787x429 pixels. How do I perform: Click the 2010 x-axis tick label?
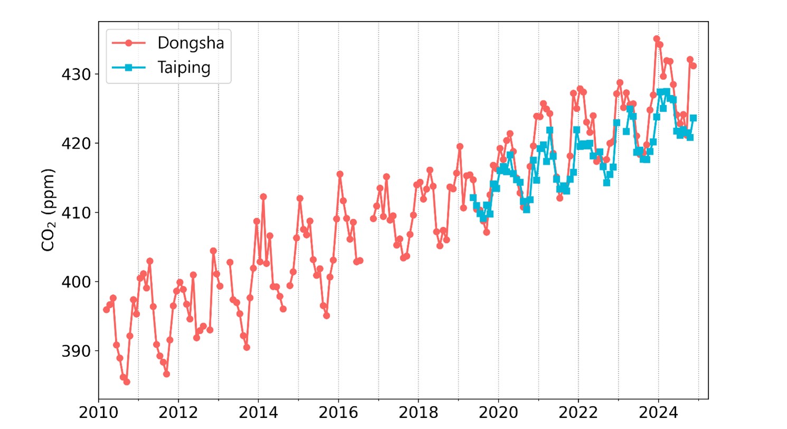coord(98,413)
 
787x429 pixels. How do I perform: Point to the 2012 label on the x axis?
coord(178,413)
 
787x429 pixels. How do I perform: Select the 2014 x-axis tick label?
coord(258,413)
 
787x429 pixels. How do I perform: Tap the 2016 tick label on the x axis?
coord(338,413)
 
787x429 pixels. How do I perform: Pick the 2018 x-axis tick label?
coord(418,413)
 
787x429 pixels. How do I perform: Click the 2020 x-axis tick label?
coord(498,413)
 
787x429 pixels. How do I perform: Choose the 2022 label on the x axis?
coord(578,413)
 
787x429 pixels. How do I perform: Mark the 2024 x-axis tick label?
coord(658,413)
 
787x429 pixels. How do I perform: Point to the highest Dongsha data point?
coord(657,39)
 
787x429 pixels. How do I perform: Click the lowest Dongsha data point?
coord(127,381)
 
